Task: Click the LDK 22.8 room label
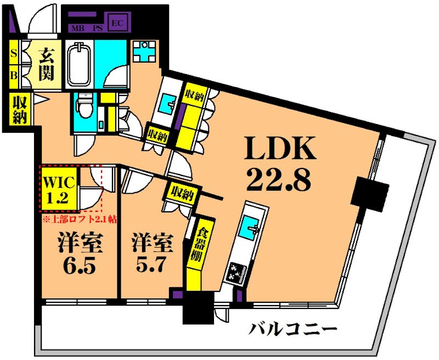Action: click(x=279, y=163)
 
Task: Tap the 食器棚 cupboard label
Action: click(x=194, y=244)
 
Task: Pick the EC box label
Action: click(x=116, y=22)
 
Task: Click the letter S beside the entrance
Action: click(x=14, y=54)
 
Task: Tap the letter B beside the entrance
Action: click(x=14, y=75)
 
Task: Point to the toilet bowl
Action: click(x=85, y=104)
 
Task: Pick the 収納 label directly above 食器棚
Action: click(x=182, y=193)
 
